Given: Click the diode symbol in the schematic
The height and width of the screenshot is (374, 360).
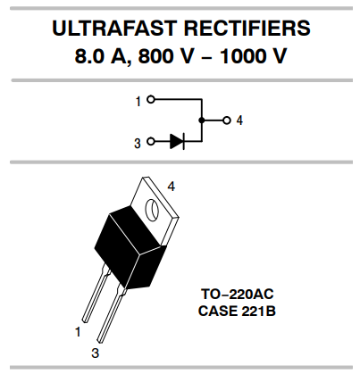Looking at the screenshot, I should (177, 141).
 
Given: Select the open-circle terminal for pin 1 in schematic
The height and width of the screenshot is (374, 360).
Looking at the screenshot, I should (151, 100).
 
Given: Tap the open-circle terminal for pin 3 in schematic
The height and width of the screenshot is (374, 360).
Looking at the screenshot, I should (151, 141).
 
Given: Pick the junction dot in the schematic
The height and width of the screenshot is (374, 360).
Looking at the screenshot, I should (202, 120).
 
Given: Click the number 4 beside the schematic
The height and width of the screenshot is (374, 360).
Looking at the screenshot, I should (239, 120).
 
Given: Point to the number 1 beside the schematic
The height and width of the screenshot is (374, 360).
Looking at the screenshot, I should (138, 101).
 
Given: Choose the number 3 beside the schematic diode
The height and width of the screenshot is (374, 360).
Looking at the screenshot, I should (138, 142).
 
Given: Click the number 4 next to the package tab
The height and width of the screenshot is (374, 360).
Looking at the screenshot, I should (170, 185).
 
